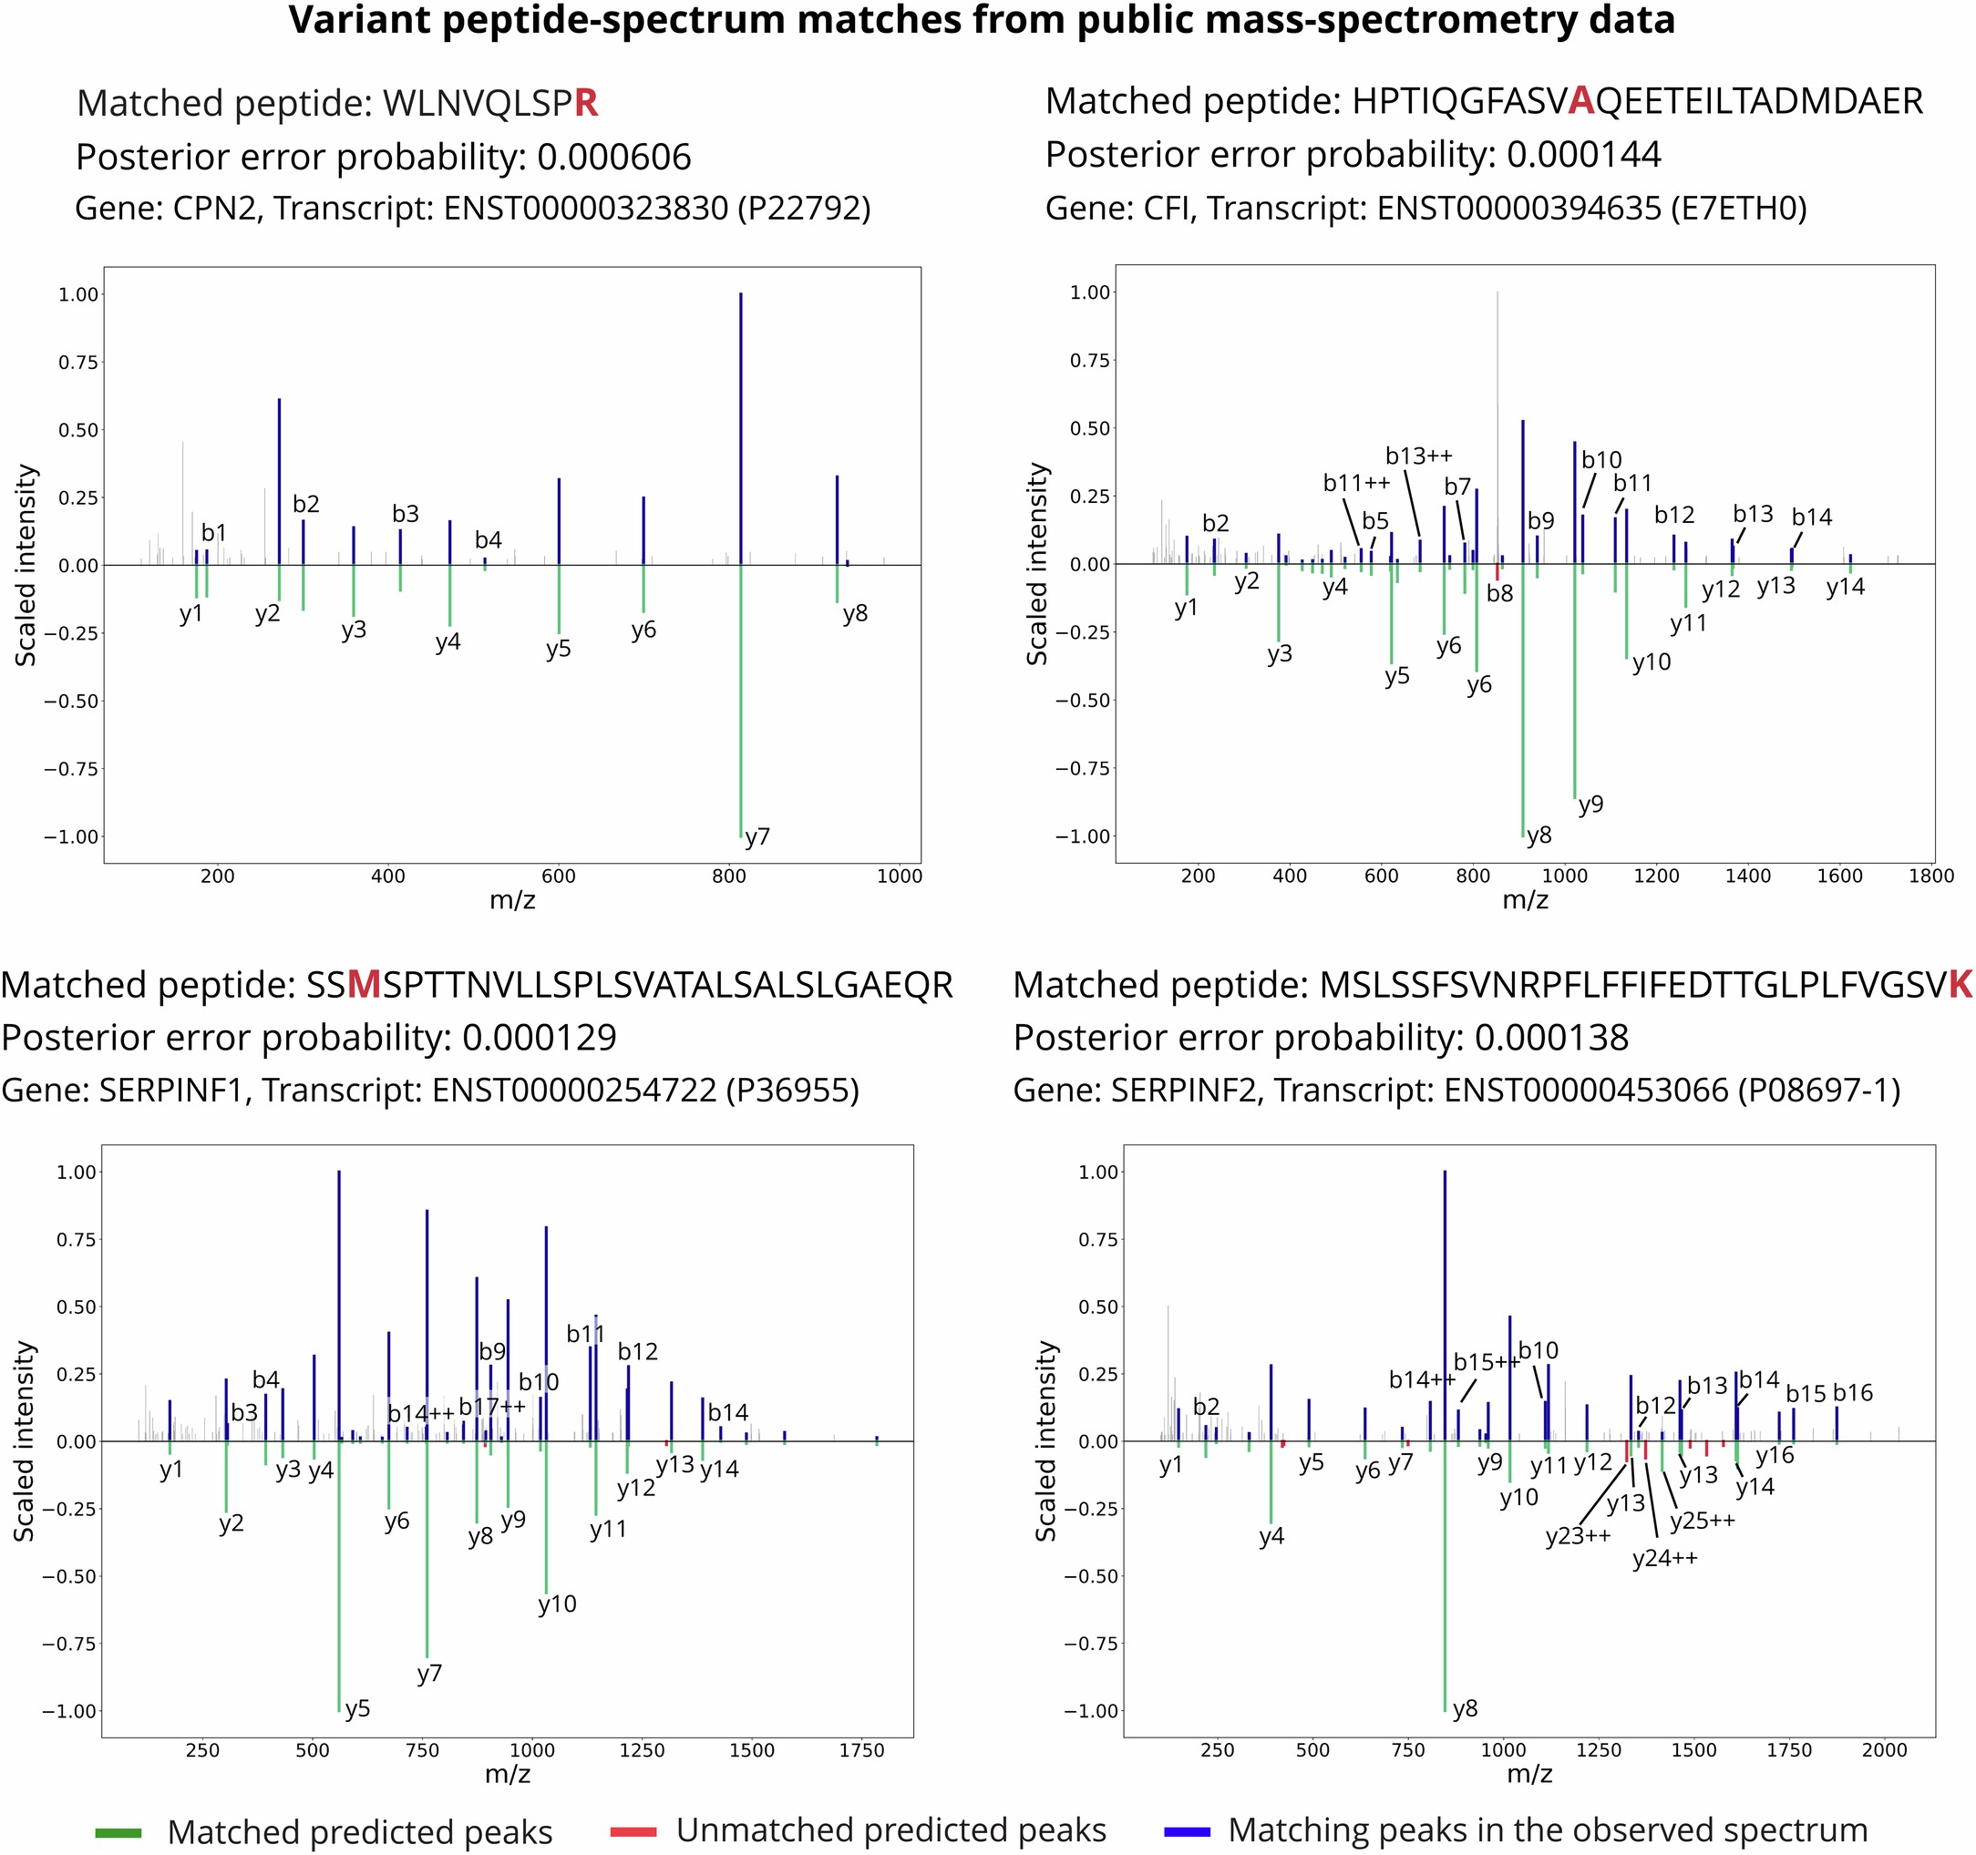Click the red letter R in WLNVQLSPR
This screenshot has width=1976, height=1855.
585,103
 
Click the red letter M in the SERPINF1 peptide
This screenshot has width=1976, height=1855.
364,985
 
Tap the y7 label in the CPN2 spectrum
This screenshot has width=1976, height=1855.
757,836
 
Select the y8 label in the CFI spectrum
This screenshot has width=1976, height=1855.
1539,835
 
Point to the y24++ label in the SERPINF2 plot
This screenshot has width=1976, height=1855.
1665,1558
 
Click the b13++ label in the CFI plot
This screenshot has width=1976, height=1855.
1418,456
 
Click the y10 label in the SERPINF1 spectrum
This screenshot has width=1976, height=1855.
557,1604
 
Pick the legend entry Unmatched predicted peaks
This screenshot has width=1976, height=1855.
890,1830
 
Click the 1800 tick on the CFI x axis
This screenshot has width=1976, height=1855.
1930,876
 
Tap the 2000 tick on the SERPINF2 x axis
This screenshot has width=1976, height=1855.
1884,1749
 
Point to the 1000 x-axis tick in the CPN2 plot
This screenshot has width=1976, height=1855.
899,876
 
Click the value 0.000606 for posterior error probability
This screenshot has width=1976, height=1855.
613,157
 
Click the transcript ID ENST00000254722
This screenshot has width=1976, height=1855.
573,1090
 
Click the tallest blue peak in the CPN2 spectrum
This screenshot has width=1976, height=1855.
740,427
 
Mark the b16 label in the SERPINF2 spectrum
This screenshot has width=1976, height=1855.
1853,1393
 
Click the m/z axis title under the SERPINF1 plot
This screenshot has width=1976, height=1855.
507,1774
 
